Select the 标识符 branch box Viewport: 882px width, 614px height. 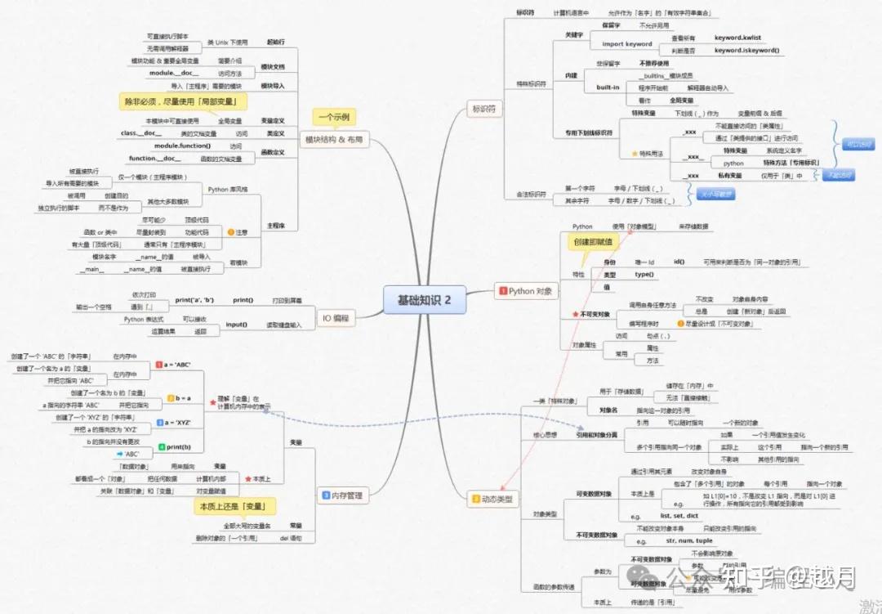(483, 108)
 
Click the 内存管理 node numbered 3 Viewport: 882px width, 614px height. (341, 495)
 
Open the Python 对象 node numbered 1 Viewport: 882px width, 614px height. (526, 291)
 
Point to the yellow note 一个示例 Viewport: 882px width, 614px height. (332, 117)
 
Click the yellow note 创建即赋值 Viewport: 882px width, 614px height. (591, 242)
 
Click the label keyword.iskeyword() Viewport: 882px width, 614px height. (746, 50)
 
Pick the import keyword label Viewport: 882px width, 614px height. (626, 44)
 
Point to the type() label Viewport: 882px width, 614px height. (644, 274)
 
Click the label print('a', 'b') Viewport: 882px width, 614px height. (194, 300)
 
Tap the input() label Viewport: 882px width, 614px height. (236, 325)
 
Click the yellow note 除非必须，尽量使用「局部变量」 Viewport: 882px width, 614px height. (183, 101)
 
